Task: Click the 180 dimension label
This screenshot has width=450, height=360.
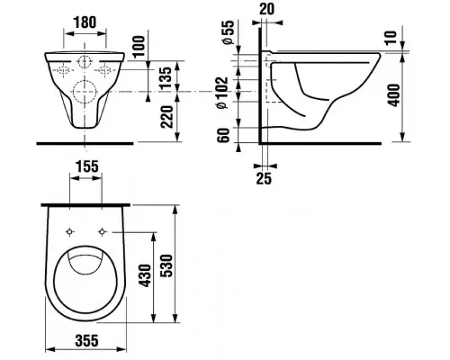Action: pyautogui.click(x=85, y=22)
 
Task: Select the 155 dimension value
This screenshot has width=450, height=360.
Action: pyautogui.click(x=86, y=166)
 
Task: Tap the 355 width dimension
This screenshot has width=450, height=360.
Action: pyautogui.click(x=86, y=340)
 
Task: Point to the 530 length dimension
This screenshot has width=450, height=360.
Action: pyautogui.click(x=166, y=265)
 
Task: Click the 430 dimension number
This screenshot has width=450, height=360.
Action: pyautogui.click(x=147, y=275)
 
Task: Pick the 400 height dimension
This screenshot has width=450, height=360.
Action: pyautogui.click(x=393, y=95)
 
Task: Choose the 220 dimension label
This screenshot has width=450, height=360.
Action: pyautogui.click(x=166, y=117)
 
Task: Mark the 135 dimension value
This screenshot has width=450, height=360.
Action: pyautogui.click(x=166, y=77)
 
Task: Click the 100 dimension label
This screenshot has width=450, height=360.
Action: pyautogui.click(x=139, y=47)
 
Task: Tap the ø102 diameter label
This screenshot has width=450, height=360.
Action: pyautogui.click(x=222, y=93)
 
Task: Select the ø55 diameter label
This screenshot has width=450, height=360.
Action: pyautogui.click(x=228, y=32)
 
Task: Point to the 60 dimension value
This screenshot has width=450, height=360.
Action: pyautogui.click(x=223, y=135)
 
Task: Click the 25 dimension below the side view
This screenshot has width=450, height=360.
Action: pyautogui.click(x=264, y=178)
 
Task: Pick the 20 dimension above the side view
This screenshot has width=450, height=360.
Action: pyautogui.click(x=266, y=9)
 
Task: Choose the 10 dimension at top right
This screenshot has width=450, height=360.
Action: pyautogui.click(x=391, y=38)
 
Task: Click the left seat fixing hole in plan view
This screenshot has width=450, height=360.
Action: pyautogui.click(x=69, y=231)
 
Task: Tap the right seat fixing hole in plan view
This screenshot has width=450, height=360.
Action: pyautogui.click(x=103, y=231)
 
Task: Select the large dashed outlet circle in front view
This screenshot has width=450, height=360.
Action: pyautogui.click(x=85, y=92)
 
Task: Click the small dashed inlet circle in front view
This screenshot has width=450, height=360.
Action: pyautogui.click(x=85, y=62)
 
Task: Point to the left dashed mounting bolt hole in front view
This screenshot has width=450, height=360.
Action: pyautogui.click(x=64, y=70)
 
